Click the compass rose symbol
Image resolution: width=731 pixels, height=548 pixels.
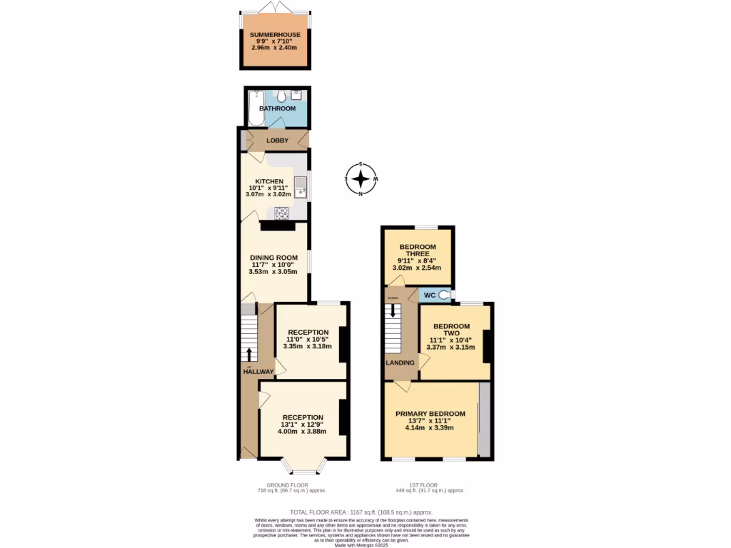(x=362, y=178)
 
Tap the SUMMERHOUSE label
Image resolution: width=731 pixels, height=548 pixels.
(x=275, y=34)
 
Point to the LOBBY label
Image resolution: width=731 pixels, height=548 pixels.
(x=277, y=141)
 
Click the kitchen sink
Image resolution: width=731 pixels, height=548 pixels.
(x=301, y=186)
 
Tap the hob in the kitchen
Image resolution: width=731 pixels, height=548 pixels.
(x=281, y=212)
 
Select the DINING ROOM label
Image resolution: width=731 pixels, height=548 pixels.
(x=273, y=258)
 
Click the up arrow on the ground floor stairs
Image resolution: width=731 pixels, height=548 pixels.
(x=248, y=355)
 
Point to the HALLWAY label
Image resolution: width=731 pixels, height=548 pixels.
(x=258, y=372)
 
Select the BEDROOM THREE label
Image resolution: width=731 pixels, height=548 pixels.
(x=418, y=250)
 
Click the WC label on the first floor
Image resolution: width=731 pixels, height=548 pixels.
(x=430, y=295)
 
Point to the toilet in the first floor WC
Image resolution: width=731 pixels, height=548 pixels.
(x=446, y=294)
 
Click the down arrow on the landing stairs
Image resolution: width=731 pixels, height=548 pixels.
(x=392, y=310)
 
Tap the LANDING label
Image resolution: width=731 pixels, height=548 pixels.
(x=400, y=362)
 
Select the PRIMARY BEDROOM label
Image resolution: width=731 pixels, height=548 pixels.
(x=430, y=413)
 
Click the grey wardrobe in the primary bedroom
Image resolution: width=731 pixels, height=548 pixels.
(x=484, y=420)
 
